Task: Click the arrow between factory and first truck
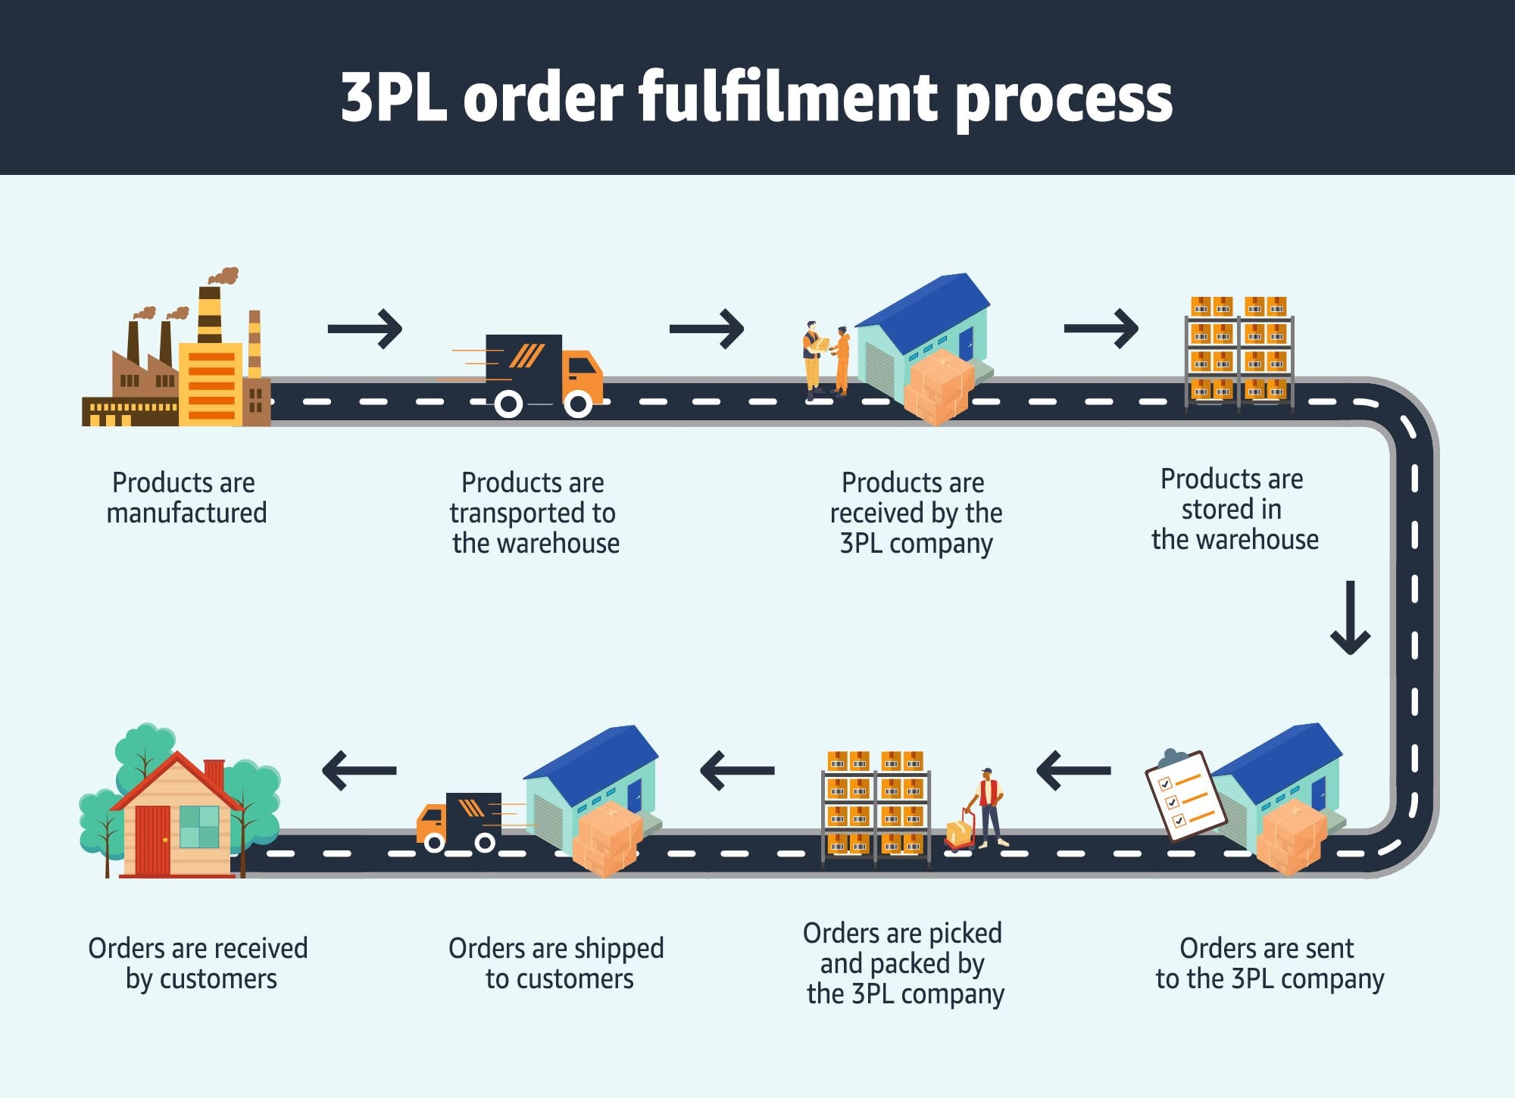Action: [365, 329]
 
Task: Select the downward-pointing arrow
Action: [1350, 618]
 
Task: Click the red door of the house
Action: [152, 839]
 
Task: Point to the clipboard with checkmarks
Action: [1183, 795]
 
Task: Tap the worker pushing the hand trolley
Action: [987, 807]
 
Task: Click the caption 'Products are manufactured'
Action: [186, 498]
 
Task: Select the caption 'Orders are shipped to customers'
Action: [557, 963]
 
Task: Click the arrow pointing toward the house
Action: [359, 771]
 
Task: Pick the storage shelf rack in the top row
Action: [1239, 352]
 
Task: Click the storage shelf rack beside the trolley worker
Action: [876, 806]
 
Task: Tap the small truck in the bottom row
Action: [458, 822]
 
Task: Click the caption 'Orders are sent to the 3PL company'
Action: [1269, 963]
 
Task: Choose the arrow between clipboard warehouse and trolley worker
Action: [1073, 771]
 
